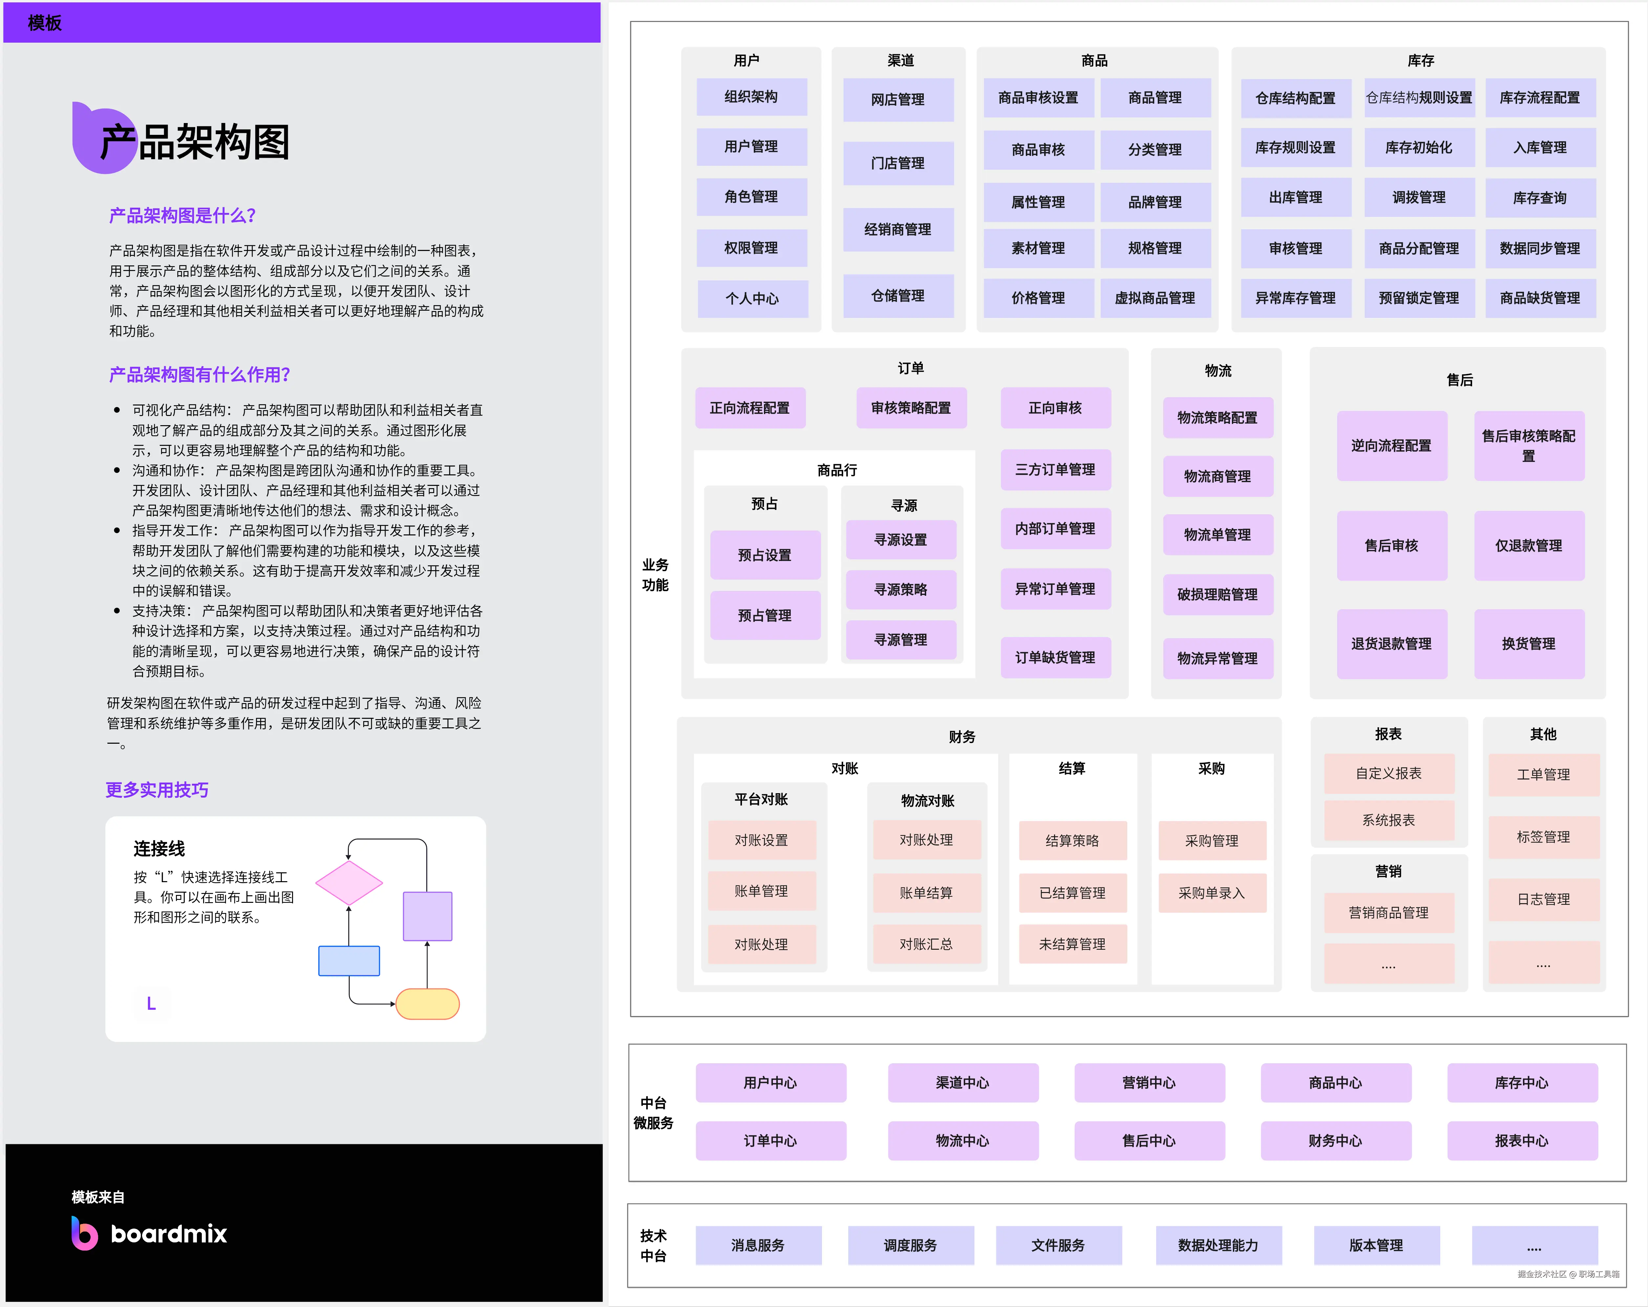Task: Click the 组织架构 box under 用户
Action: pos(751,97)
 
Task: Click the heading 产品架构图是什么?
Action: pos(182,216)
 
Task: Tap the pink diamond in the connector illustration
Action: pos(349,883)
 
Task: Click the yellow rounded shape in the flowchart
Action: pos(427,1004)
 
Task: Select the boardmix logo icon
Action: pos(84,1233)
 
